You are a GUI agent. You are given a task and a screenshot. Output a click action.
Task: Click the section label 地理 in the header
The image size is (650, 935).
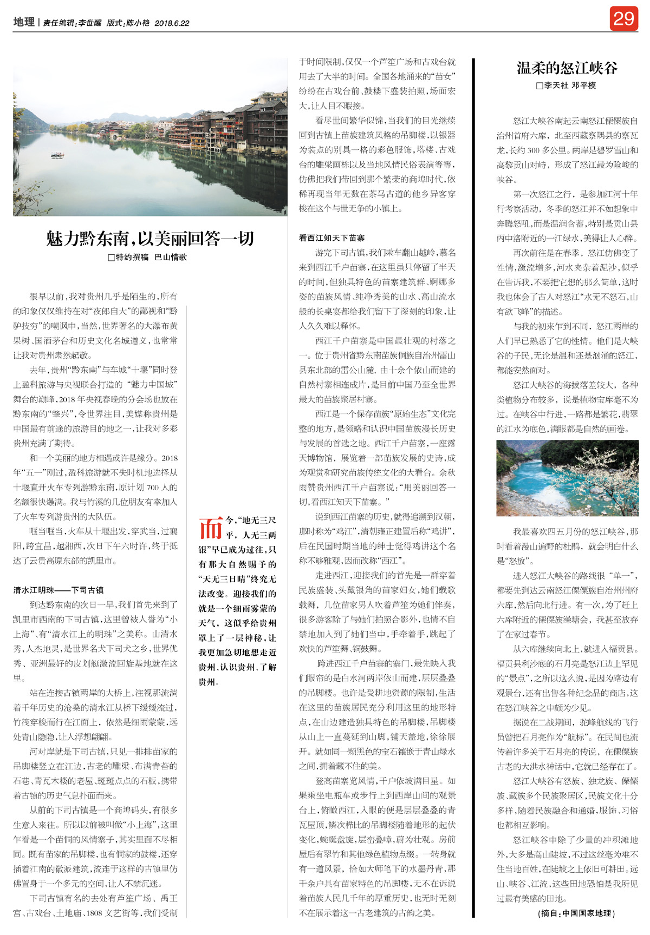click(x=24, y=22)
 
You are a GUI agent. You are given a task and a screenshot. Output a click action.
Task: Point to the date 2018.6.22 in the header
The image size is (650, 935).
click(x=172, y=23)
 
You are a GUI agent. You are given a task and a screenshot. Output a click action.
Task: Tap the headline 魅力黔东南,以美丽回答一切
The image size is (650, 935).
click(x=150, y=239)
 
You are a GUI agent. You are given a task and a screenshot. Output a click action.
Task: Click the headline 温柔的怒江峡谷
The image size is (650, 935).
click(x=567, y=68)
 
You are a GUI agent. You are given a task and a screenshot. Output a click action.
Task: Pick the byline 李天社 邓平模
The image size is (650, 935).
click(x=570, y=85)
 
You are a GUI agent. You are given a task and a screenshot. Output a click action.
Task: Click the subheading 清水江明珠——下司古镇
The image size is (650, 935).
click(x=58, y=590)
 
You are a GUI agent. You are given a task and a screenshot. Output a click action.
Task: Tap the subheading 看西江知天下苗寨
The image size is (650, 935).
click(x=331, y=238)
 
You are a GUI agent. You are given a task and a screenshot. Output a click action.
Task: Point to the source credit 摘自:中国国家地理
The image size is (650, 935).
click(x=577, y=913)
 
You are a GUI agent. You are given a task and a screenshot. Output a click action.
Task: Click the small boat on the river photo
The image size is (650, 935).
click(x=57, y=156)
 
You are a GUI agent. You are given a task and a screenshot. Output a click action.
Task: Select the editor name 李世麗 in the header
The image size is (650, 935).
click(x=90, y=23)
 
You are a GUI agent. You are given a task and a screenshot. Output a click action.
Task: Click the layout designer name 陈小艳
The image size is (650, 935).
click(x=138, y=23)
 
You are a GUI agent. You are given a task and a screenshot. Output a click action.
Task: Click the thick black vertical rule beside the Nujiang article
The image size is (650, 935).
click(x=473, y=487)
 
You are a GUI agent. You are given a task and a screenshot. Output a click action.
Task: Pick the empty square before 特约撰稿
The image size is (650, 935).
click(x=111, y=258)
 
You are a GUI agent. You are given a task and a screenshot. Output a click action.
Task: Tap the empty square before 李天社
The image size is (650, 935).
click(x=539, y=86)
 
